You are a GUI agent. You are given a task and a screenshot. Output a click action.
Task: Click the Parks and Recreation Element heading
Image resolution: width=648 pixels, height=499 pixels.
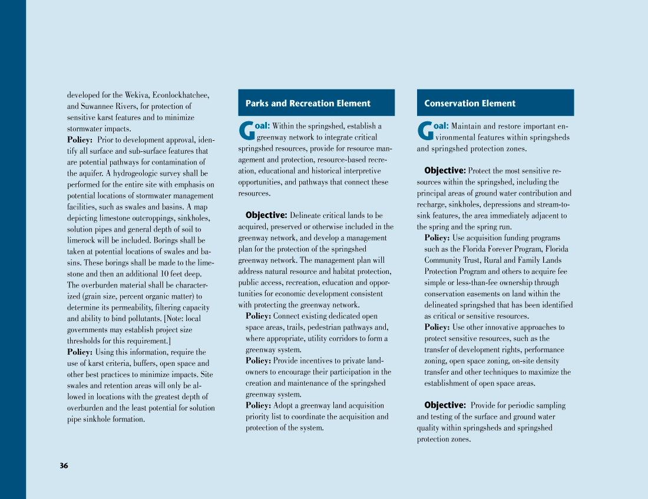pos(308,103)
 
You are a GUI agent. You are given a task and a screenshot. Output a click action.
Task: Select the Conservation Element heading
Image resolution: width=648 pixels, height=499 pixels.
pos(470,103)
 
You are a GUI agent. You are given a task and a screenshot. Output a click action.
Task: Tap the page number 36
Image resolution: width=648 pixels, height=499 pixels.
pos(64,466)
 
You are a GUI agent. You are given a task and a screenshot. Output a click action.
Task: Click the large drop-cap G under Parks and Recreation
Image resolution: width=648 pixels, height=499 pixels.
pos(246,131)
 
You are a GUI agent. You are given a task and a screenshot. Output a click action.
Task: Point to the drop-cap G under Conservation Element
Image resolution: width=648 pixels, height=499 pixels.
pos(425,131)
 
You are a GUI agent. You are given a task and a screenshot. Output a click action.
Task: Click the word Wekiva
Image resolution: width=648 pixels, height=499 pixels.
pos(137,95)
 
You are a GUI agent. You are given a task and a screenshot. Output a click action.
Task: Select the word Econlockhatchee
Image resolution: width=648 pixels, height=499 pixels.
pos(181,95)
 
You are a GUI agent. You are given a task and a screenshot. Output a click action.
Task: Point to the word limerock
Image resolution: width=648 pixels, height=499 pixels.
pos(80,240)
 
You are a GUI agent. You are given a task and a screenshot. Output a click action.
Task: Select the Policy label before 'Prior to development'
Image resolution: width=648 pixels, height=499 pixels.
pos(80,140)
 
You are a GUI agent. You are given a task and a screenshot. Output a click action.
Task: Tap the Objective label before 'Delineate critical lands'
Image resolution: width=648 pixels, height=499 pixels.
pos(266,215)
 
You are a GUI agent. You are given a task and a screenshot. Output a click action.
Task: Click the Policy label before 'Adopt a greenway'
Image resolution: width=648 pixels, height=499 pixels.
pos(258,405)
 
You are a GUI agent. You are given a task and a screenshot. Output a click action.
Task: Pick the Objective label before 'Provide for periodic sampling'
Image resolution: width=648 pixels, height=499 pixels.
pos(445,405)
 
